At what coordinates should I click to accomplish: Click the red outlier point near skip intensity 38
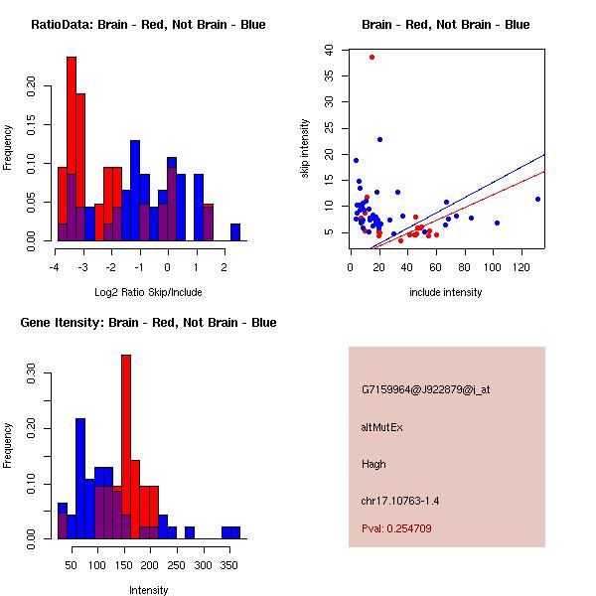372,57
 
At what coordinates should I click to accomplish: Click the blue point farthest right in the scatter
537,199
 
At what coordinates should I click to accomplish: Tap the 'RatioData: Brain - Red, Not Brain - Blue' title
148,25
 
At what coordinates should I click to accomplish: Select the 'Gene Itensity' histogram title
147,323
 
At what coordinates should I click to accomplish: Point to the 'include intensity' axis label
446,292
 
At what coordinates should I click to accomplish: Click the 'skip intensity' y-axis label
306,149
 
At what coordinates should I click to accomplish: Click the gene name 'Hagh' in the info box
373,464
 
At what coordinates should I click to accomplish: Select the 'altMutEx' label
382,427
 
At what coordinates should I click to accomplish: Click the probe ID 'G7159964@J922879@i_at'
426,389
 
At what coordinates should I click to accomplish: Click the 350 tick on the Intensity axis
230,565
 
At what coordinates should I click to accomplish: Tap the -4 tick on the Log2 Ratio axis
54,267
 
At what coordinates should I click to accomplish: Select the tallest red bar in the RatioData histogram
72,149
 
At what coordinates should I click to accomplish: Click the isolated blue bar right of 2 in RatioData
235,232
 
